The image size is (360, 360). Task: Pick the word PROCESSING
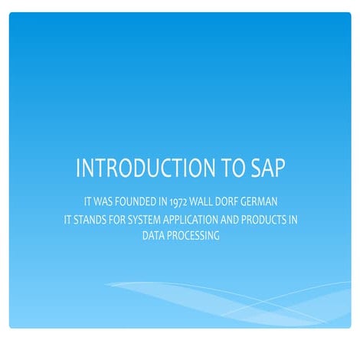[194, 236]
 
